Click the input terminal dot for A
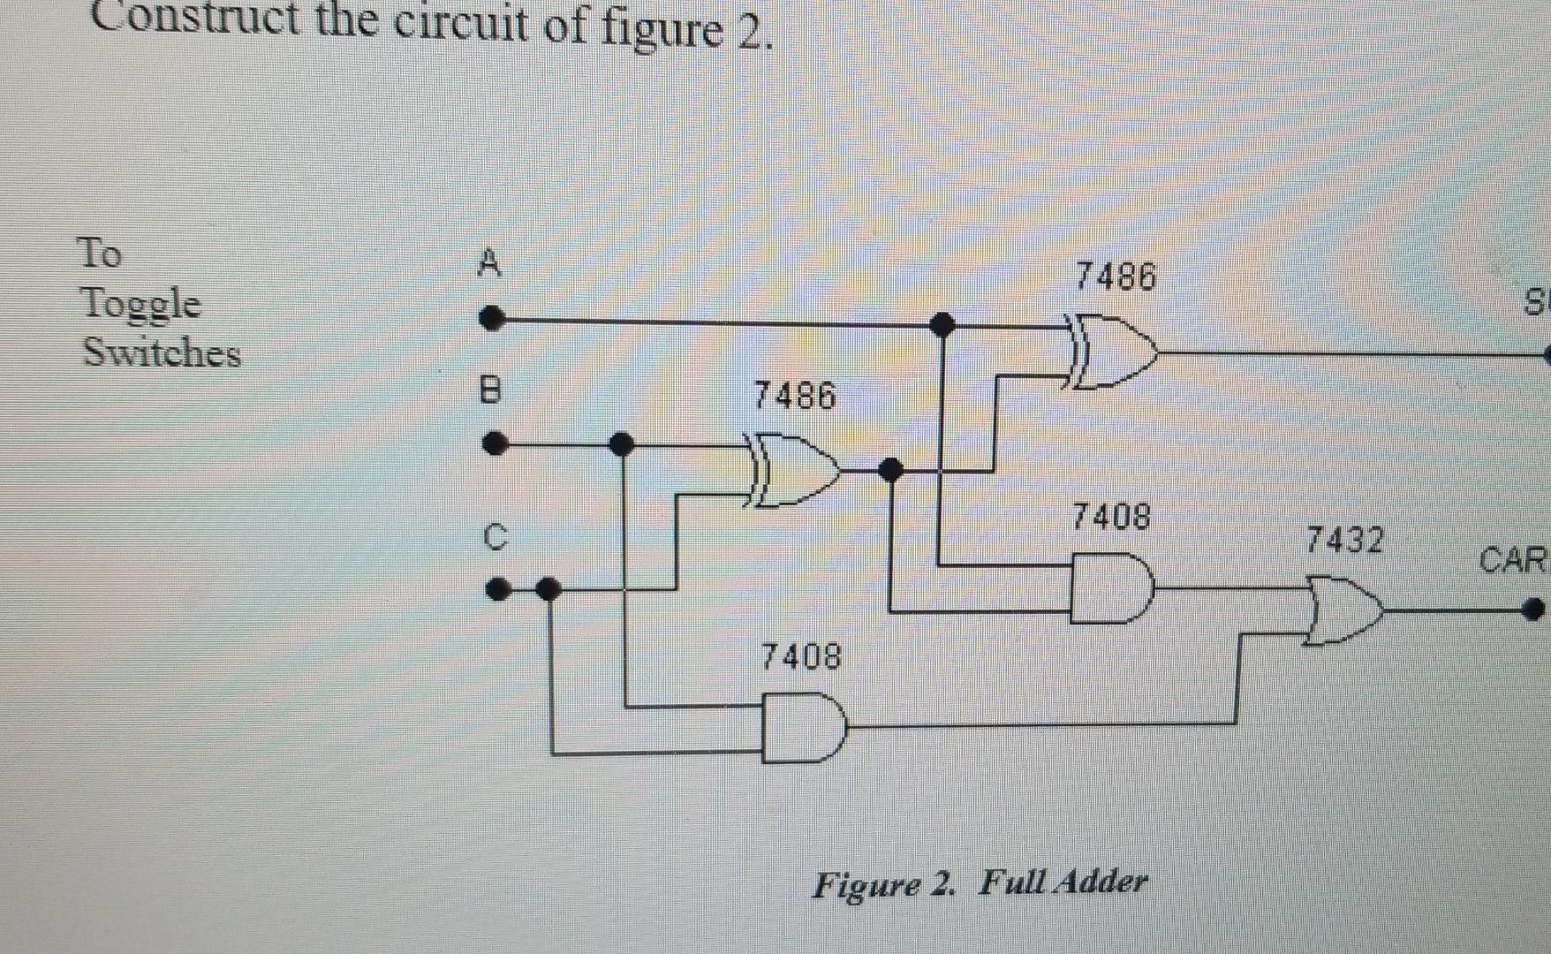[492, 318]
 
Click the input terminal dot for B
[496, 443]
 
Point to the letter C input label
[496, 536]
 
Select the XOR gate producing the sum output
[1111, 351]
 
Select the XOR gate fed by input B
[791, 470]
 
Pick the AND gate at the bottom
[802, 728]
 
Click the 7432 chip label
[1344, 540]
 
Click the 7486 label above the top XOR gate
[1116, 277]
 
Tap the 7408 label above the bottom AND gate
[801, 656]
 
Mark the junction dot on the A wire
[942, 324]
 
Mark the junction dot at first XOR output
[891, 469]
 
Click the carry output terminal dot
[1533, 609]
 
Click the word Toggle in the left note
[140, 304]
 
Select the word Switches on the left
[162, 352]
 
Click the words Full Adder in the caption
[1063, 882]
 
